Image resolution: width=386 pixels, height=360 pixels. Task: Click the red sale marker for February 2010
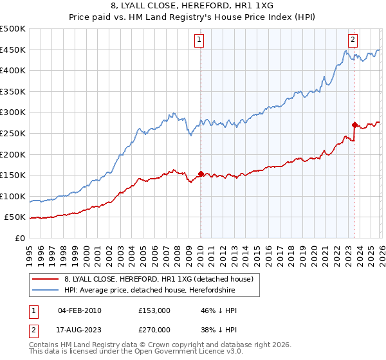point(201,174)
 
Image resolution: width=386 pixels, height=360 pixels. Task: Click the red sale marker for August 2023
point(354,125)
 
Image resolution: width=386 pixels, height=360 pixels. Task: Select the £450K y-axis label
point(13,50)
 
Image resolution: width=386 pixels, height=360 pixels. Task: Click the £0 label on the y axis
point(19,238)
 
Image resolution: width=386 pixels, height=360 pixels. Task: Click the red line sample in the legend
point(45,279)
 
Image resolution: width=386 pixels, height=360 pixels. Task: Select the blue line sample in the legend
point(45,290)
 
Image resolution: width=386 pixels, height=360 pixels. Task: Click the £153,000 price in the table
point(154,310)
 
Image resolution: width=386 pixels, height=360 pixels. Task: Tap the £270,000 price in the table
point(154,330)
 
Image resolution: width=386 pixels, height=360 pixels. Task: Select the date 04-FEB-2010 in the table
point(80,310)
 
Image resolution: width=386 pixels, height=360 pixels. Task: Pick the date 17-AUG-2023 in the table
point(80,330)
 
